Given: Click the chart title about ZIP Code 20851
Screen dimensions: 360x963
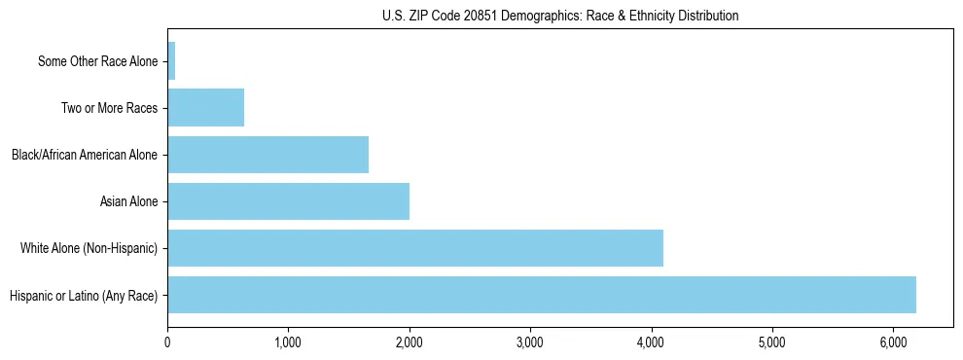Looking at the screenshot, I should click(559, 17).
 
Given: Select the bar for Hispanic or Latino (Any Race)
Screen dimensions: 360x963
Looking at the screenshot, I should click(541, 295).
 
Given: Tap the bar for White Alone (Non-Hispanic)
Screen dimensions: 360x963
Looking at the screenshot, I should click(414, 248).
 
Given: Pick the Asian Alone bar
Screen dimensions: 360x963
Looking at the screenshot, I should click(288, 201).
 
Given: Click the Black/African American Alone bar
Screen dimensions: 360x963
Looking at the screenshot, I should click(267, 155).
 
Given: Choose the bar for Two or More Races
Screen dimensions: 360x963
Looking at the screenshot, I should click(205, 108).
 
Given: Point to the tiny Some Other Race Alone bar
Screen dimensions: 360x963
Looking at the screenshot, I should click(171, 61).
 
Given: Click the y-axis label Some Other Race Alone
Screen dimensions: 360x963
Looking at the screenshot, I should click(97, 61).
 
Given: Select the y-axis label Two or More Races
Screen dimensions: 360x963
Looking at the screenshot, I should click(109, 108).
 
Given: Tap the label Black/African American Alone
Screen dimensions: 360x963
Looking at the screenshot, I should click(85, 155).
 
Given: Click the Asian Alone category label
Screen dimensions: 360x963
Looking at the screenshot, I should click(128, 201).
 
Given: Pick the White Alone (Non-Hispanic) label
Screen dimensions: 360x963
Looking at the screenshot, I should click(89, 248).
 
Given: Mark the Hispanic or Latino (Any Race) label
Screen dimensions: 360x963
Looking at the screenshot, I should click(83, 295).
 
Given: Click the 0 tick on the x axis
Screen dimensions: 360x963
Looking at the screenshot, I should click(167, 342).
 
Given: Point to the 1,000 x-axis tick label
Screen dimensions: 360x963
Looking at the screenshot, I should click(288, 342).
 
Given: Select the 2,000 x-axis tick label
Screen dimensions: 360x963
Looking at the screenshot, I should click(409, 342).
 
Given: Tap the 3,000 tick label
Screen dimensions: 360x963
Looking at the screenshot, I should click(530, 342).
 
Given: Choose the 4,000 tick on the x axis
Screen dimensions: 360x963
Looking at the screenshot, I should click(651, 342).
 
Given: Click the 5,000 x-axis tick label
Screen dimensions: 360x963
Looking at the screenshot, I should click(771, 342).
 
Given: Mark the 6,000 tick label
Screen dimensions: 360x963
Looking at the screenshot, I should click(893, 342).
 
